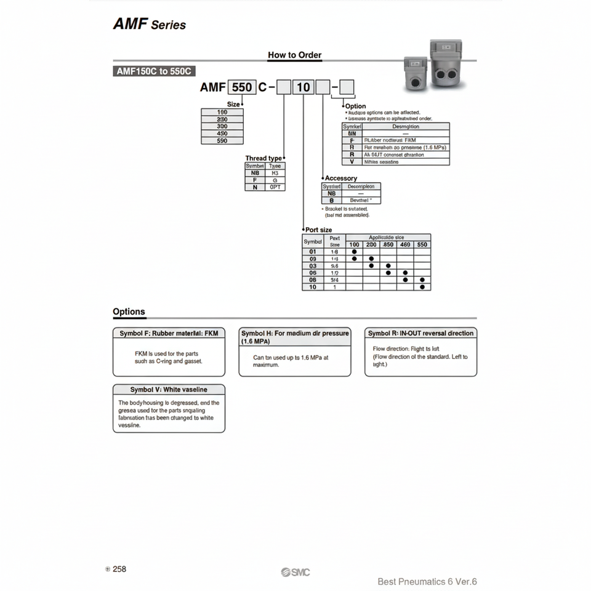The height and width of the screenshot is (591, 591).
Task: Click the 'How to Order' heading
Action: click(x=294, y=55)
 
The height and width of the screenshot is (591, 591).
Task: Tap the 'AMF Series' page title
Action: click(x=149, y=25)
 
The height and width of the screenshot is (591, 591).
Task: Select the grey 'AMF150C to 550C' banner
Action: click(x=154, y=71)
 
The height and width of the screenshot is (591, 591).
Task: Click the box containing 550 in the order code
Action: click(x=241, y=87)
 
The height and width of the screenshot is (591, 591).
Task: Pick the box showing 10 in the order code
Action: click(x=303, y=87)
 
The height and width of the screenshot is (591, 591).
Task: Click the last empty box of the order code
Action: click(x=347, y=87)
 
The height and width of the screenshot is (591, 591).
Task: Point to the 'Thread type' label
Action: click(x=263, y=158)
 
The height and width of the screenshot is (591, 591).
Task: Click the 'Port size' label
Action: click(x=319, y=230)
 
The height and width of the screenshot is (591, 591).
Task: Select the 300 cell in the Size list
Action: click(x=222, y=126)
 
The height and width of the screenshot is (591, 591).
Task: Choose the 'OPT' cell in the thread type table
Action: click(x=275, y=187)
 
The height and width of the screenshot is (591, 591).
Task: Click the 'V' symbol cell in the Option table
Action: click(x=352, y=162)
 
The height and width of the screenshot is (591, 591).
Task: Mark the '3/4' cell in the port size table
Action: click(x=334, y=279)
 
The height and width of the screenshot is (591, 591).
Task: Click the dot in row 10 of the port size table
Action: click(x=422, y=287)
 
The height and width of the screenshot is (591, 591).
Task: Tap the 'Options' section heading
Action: click(x=129, y=312)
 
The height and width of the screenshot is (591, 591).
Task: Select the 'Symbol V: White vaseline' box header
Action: click(x=169, y=390)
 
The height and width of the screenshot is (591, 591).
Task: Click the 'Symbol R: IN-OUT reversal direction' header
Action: click(x=420, y=333)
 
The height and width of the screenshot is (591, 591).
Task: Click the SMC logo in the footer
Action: click(x=295, y=573)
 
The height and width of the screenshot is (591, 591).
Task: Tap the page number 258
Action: click(x=119, y=569)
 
